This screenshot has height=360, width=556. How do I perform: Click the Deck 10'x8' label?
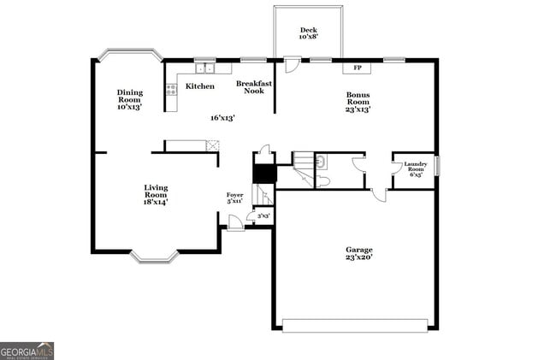point(308,33)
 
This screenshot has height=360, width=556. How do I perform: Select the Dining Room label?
point(130,99)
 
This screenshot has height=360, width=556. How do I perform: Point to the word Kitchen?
point(200,86)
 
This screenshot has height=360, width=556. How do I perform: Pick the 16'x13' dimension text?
point(223,118)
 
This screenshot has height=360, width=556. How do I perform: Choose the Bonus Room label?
point(358,103)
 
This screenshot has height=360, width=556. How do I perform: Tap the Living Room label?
point(156,194)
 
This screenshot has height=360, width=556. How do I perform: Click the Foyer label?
point(234,198)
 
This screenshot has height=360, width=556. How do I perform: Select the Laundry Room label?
point(415,167)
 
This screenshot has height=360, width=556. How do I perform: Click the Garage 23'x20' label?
point(358,253)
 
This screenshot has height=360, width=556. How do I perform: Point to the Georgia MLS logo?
point(27,351)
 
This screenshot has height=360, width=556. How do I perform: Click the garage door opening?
point(355,325)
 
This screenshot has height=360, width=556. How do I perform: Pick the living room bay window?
point(154,255)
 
